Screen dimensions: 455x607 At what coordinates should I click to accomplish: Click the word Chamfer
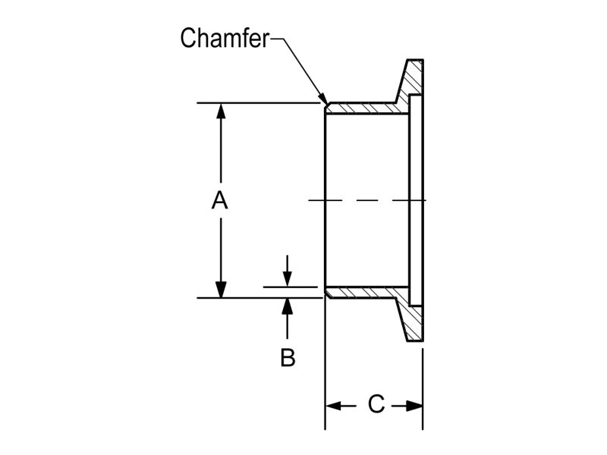point(225,38)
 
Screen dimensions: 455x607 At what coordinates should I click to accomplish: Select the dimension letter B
point(288,357)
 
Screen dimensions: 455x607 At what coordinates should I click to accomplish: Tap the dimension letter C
point(376,405)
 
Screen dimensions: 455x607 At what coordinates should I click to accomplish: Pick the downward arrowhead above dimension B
point(287,279)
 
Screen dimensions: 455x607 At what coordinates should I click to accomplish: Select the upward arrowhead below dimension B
point(287,306)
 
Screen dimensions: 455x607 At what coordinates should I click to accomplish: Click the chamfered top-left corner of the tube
point(327,105)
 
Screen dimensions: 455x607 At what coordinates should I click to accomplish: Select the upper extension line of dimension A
point(258,102)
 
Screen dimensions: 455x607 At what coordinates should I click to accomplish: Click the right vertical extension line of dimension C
point(423,379)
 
